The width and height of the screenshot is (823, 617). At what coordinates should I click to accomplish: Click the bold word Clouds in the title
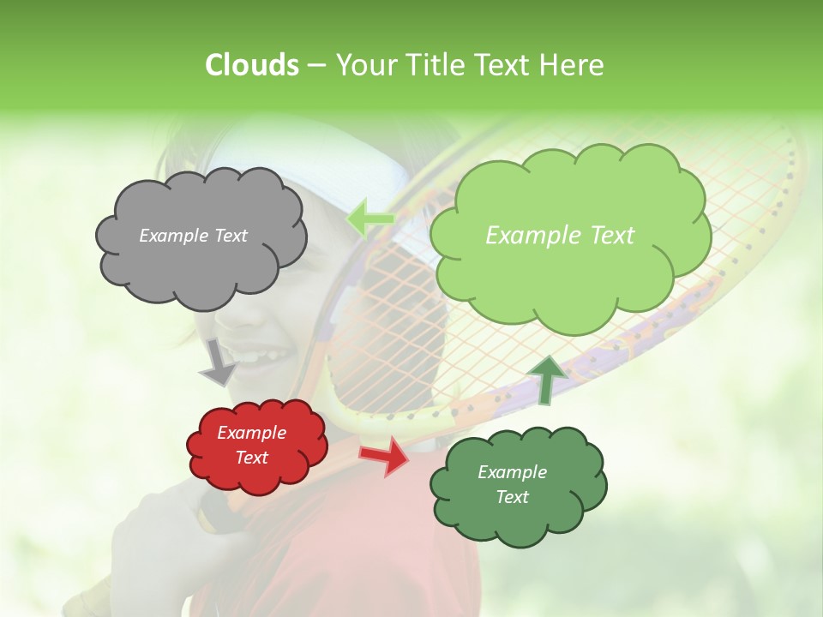pos(252,65)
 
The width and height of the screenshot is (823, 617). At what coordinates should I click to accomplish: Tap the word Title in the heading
pos(432,65)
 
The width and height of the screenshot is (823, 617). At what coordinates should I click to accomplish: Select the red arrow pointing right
pos(386,455)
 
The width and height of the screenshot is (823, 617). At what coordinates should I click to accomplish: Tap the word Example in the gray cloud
pos(171,236)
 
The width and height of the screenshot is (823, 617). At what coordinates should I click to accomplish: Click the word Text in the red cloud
pos(252,458)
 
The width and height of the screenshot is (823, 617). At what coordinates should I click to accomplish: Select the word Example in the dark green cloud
pos(512,472)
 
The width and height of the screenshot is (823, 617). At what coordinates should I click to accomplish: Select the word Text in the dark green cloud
pos(512,497)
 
